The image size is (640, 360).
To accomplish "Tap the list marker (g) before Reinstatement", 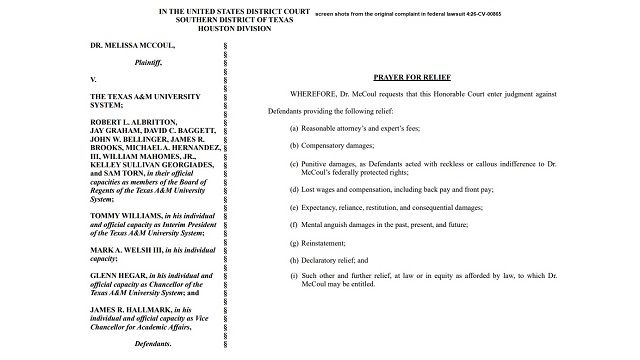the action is [x=295, y=241].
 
